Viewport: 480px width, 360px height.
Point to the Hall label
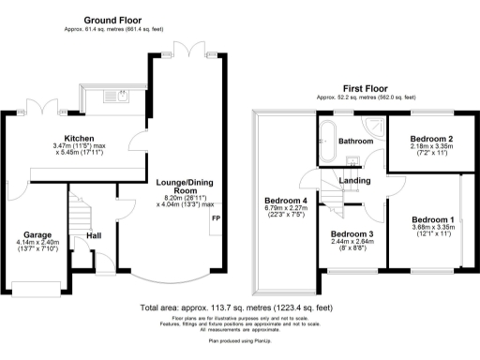click(x=94, y=235)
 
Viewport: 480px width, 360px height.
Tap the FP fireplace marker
click(x=216, y=218)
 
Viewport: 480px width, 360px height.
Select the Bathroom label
click(x=356, y=142)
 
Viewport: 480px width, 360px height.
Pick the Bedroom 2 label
click(x=432, y=139)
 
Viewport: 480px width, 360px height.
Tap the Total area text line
click(x=235, y=307)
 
